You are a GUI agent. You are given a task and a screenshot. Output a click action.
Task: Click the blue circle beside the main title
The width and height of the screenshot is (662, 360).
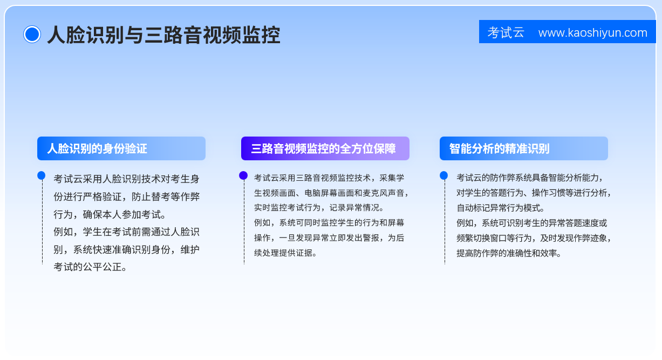[x=32, y=35]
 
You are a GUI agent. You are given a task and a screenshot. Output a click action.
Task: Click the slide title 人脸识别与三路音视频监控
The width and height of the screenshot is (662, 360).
[x=163, y=35]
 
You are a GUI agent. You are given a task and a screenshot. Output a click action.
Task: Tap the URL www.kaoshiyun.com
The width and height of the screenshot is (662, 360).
[x=592, y=32]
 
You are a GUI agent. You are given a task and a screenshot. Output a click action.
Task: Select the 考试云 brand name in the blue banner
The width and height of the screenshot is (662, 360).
[x=506, y=32]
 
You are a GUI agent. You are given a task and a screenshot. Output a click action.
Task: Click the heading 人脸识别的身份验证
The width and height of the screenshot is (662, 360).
[x=97, y=148]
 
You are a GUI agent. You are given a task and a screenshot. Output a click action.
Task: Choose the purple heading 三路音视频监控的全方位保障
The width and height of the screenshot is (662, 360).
[x=323, y=148]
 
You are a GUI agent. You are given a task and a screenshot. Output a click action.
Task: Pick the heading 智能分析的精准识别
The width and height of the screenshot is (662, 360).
[x=499, y=148]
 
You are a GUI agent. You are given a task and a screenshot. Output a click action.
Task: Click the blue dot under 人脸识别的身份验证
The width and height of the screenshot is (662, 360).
[x=42, y=175]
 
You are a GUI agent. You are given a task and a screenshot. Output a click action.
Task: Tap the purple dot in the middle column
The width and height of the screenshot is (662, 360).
[x=243, y=175]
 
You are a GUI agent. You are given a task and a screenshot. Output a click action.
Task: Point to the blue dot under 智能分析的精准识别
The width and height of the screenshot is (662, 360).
[x=443, y=175]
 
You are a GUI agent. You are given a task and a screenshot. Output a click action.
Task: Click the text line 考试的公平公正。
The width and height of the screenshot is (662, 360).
[x=90, y=267]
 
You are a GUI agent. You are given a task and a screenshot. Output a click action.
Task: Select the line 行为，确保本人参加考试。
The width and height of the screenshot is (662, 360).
[x=110, y=214]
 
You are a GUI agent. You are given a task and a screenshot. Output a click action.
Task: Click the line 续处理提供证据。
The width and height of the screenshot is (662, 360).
[x=285, y=253]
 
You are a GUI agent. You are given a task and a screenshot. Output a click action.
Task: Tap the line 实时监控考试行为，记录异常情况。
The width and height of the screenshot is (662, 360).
[x=319, y=208]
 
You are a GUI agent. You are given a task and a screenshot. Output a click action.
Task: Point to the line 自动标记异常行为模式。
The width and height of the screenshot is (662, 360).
[x=500, y=208]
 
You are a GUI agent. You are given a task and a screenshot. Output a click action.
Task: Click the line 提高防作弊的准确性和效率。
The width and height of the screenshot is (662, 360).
[x=509, y=253]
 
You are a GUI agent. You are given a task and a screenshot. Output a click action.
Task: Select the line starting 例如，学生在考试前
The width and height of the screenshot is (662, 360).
[x=126, y=232]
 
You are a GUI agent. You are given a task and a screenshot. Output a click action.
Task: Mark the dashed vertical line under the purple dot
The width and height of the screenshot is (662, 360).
[x=244, y=222]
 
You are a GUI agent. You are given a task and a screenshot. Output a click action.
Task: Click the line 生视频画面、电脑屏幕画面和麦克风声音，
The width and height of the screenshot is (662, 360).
[x=331, y=193]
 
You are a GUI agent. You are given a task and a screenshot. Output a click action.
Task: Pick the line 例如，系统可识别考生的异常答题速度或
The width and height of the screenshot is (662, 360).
[x=531, y=223]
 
